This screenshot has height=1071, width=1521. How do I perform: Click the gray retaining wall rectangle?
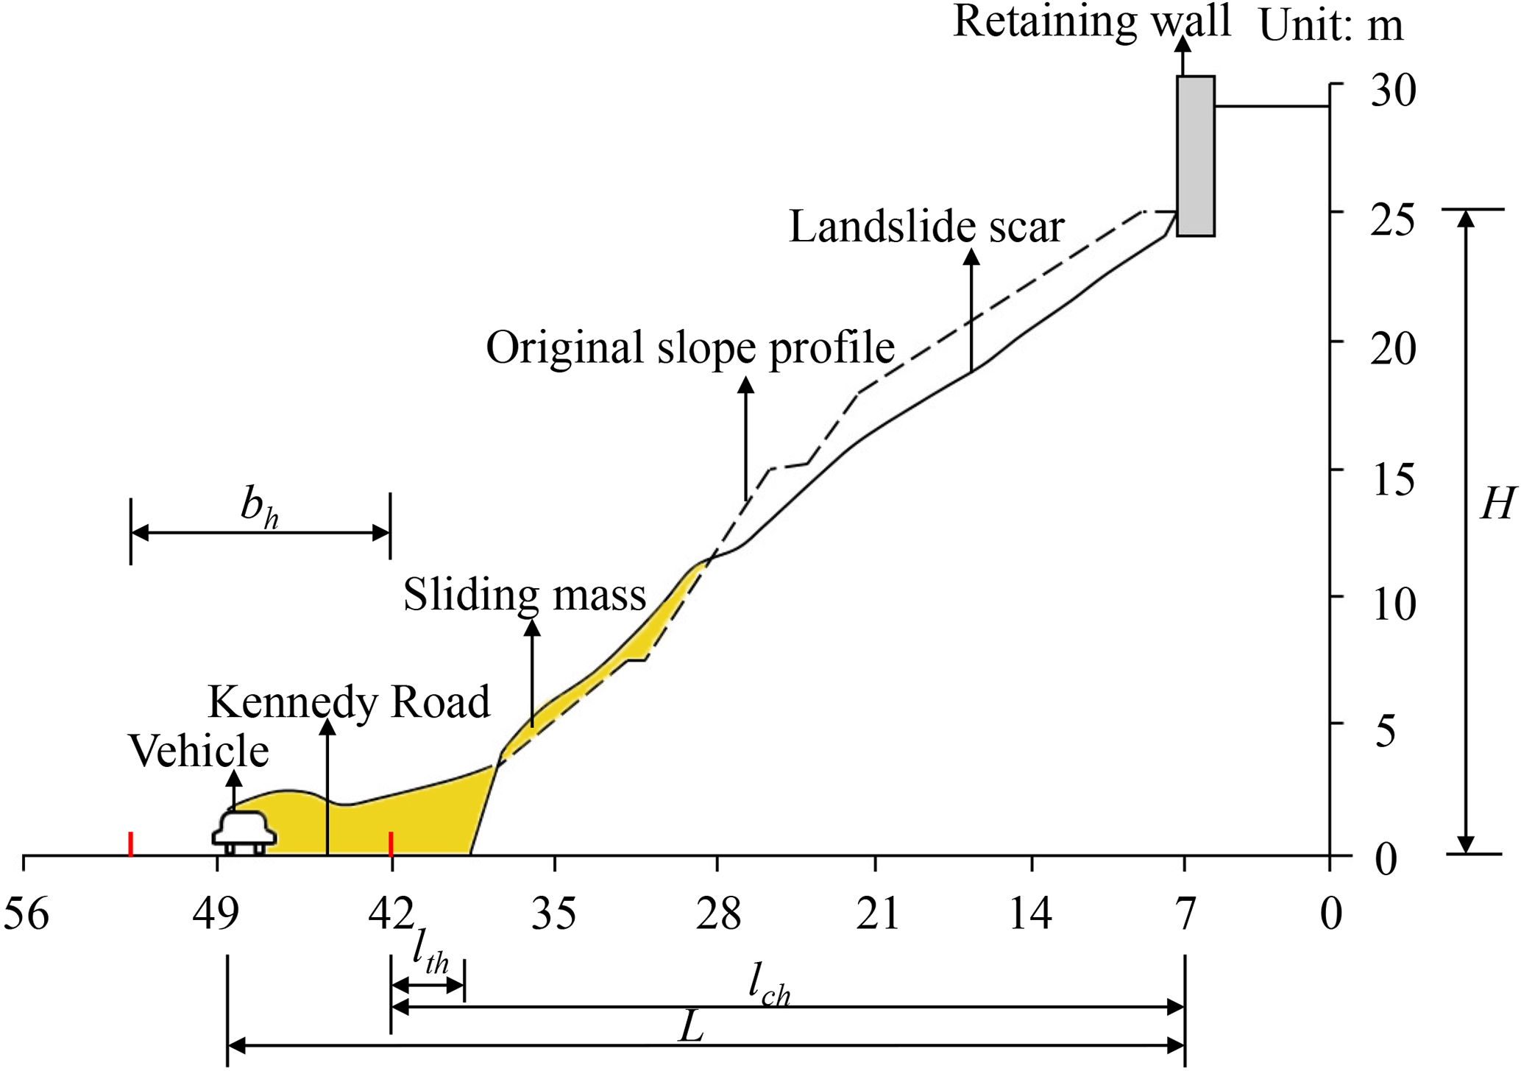pos(1195,155)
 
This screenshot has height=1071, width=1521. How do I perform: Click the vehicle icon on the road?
pos(244,833)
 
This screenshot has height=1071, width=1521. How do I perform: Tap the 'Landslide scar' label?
pos(926,227)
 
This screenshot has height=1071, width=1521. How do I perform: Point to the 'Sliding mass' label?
pos(525,595)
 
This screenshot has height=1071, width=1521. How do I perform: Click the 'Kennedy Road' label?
pos(349,702)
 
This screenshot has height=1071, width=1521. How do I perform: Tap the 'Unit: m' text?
pos(1331,26)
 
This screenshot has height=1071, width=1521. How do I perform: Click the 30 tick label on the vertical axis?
pos(1393,91)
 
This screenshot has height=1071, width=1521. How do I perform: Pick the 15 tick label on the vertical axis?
pos(1393,479)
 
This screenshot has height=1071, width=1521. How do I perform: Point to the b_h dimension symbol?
pos(259,508)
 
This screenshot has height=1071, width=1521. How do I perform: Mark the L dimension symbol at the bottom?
pos(691,1027)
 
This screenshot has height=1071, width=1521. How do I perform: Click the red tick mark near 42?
pos(391,844)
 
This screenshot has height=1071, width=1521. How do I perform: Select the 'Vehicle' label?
pos(199,752)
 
